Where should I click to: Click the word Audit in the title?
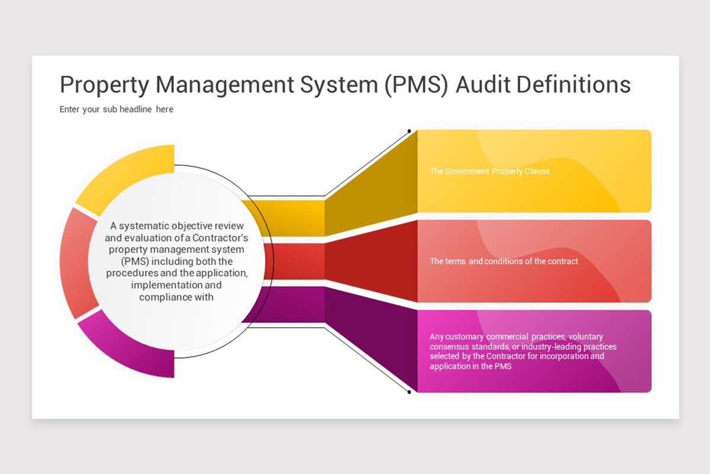(484, 85)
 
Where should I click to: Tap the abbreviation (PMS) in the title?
(417, 86)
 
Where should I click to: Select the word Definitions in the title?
(574, 85)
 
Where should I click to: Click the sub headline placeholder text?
(117, 109)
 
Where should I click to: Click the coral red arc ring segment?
(78, 263)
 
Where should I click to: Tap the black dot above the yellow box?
(409, 131)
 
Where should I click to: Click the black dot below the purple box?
(409, 392)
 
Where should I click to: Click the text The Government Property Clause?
(490, 171)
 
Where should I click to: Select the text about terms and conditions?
(504, 261)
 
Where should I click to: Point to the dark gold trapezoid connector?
(371, 184)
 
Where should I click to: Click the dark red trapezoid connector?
(371, 261)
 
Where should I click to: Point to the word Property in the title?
(104, 86)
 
